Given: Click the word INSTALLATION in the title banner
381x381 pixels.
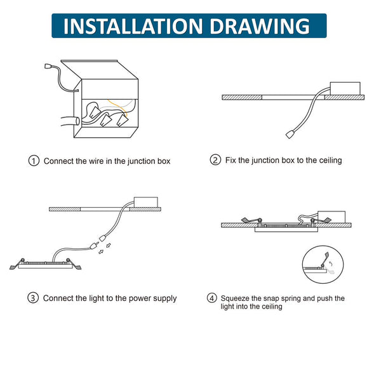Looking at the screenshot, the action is pos(133,26).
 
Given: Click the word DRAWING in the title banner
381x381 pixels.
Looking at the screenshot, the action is pos(260,26).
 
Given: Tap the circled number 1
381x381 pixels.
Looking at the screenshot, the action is pos(34,161).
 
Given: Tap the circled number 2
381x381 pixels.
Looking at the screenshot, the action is pos(215,160).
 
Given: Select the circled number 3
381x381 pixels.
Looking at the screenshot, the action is pos(33,298).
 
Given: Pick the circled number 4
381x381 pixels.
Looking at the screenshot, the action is pos(212,298).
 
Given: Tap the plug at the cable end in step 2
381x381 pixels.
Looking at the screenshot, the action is pos(289,135).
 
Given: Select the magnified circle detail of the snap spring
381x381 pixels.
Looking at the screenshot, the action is pos(323,264).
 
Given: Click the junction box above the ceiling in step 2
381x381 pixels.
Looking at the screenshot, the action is pos(345,88).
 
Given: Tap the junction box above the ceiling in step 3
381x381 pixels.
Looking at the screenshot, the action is pos(146,202).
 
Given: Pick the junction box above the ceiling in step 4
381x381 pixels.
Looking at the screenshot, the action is pos(331,217).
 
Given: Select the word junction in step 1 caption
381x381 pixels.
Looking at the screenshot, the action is pos(142,161).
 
